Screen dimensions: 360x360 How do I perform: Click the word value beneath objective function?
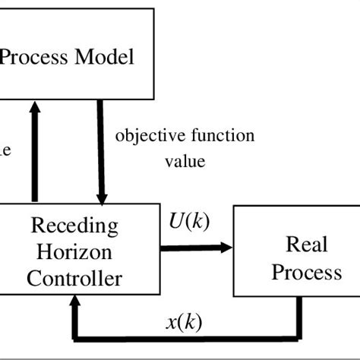click(x=185, y=161)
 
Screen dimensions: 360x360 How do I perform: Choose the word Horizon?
click(x=74, y=252)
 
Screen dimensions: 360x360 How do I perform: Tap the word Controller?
click(x=74, y=278)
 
